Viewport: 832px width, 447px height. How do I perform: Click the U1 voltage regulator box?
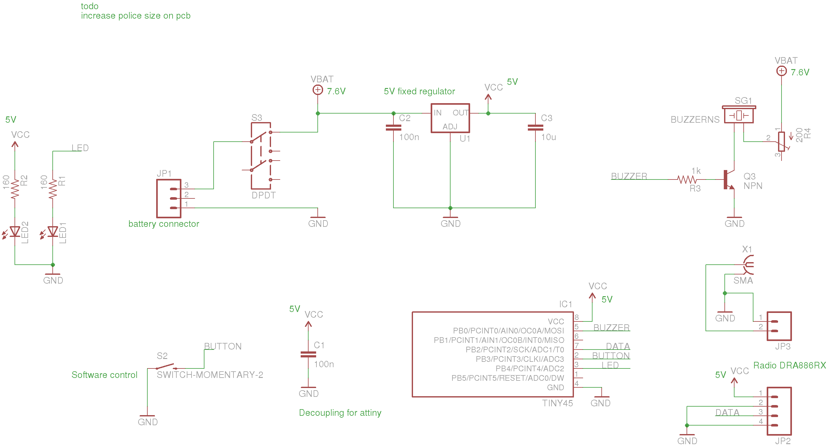[x=450, y=118]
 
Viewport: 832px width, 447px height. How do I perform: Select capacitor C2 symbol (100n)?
[x=393, y=128]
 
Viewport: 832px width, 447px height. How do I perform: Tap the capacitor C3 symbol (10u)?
[x=535, y=128]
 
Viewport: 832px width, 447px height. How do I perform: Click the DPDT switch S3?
[x=261, y=156]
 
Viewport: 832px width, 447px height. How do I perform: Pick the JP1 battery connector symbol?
[x=169, y=198]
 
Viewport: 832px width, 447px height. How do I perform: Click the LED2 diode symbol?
[x=15, y=232]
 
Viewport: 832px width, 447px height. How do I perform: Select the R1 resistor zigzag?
[x=53, y=189]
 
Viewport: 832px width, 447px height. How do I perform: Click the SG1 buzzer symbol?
[x=739, y=115]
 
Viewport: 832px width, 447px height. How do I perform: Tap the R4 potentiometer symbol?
[x=781, y=142]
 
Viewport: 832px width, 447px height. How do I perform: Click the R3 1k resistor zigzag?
[x=687, y=179]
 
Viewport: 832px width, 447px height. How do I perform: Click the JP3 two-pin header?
[x=779, y=326]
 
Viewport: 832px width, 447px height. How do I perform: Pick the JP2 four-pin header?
[x=779, y=411]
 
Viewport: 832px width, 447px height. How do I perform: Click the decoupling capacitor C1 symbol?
[x=308, y=355]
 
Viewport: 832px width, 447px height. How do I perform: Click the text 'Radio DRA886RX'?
[x=789, y=365]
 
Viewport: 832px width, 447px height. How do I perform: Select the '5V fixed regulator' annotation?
[x=419, y=91]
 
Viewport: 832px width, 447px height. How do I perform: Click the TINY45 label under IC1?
[x=557, y=403]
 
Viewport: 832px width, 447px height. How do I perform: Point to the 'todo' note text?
[x=90, y=6]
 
